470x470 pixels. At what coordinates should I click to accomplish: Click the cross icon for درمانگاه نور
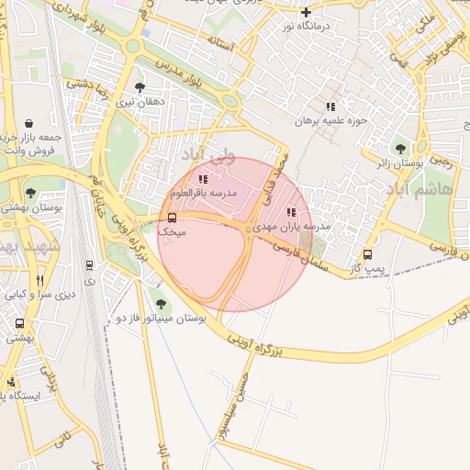(307, 12)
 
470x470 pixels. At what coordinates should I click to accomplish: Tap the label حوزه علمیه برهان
(330, 120)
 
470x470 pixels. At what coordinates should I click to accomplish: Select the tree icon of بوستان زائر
(399, 148)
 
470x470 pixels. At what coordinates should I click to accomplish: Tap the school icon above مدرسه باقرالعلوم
(203, 179)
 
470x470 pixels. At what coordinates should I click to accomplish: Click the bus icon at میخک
(172, 218)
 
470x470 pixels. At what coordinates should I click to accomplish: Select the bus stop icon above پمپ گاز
(367, 254)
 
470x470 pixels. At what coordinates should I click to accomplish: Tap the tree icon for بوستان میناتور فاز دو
(161, 304)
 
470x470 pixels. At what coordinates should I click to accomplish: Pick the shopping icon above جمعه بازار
(29, 123)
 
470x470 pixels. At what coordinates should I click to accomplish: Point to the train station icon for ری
(89, 265)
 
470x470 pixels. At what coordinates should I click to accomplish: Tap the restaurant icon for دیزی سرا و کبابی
(39, 280)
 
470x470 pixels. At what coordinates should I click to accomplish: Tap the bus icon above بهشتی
(19, 324)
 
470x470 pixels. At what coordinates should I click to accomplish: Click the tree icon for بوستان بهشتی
(30, 194)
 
